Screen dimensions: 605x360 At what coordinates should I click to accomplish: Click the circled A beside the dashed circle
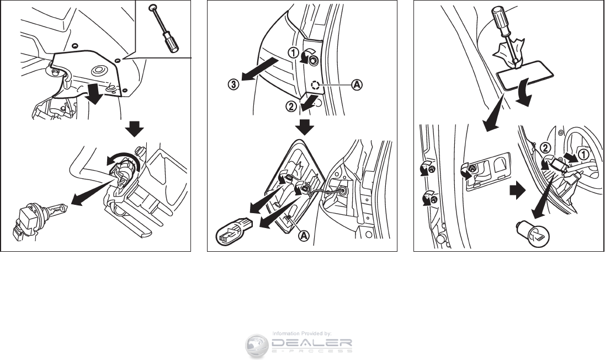point(357,84)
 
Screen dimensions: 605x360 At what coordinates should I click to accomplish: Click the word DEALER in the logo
point(312,342)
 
